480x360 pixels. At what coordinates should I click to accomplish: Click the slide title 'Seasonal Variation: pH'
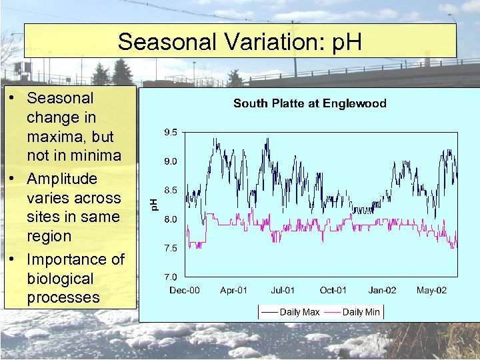(240, 42)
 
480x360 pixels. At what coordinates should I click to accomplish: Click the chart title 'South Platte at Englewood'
(309, 103)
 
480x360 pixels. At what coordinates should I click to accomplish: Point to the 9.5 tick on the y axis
(171, 133)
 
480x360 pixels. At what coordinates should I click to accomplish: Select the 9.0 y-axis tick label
(171, 161)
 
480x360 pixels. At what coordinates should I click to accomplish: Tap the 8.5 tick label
(171, 190)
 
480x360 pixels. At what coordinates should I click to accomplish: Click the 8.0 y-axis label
(171, 219)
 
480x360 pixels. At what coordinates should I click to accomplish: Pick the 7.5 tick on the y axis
(171, 248)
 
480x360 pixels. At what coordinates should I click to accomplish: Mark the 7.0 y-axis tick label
(171, 277)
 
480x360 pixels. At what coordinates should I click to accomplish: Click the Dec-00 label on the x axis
(185, 290)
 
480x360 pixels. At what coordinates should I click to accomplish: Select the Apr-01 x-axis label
(233, 290)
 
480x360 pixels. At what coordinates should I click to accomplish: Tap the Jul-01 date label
(283, 290)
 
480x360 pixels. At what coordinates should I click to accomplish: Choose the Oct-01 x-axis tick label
(333, 290)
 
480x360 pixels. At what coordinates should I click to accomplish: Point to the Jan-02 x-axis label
(382, 290)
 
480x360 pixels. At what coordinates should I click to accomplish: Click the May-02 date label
(431, 290)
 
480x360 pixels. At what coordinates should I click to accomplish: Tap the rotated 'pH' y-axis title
(153, 204)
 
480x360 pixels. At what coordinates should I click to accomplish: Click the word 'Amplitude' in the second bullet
(62, 179)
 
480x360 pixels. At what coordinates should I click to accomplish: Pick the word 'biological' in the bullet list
(61, 278)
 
